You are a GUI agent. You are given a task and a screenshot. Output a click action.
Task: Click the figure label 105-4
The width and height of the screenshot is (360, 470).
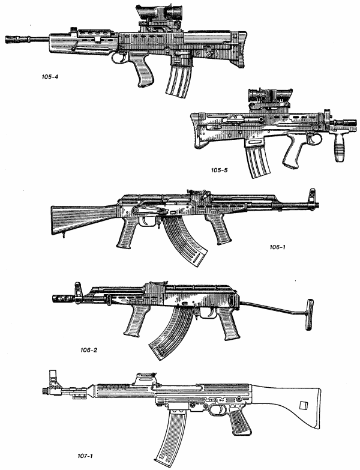click(x=50, y=77)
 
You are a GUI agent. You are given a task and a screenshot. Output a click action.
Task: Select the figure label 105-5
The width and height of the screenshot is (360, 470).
click(x=219, y=170)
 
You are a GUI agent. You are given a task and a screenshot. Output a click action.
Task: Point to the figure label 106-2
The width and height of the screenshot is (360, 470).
click(x=89, y=350)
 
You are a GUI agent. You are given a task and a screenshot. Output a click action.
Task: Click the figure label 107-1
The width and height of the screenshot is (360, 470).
click(x=83, y=456)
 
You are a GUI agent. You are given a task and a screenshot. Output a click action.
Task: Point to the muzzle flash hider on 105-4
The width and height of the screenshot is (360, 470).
click(x=13, y=39)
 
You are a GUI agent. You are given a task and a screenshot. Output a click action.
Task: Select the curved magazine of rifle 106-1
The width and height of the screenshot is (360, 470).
click(x=185, y=240)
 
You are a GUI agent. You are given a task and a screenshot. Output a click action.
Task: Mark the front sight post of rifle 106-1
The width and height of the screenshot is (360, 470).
click(x=313, y=196)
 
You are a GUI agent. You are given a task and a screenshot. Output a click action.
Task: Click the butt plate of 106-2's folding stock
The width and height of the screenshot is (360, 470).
click(x=310, y=315)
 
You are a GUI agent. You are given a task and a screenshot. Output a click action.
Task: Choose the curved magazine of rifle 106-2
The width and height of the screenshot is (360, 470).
click(x=172, y=333)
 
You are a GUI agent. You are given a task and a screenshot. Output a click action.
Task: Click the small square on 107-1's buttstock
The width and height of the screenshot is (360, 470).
click(x=304, y=405)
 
